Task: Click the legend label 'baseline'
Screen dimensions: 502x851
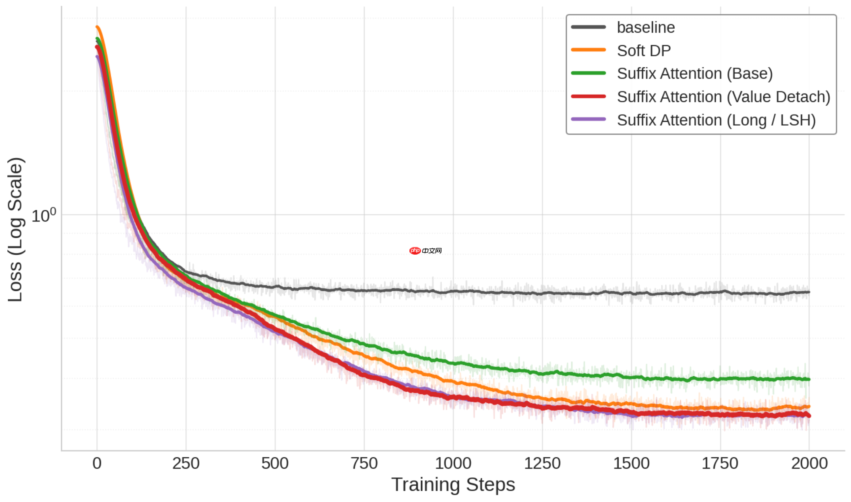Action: point(645,27)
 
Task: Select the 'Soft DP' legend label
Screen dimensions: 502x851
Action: point(643,51)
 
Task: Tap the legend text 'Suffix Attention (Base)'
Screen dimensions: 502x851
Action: point(694,74)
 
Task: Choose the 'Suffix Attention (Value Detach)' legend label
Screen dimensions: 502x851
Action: point(723,97)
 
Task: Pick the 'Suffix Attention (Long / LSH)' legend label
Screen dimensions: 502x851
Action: point(716,120)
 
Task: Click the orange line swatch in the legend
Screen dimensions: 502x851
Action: point(588,50)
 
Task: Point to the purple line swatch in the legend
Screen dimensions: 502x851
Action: point(588,119)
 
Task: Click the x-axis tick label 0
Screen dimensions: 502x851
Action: point(97,463)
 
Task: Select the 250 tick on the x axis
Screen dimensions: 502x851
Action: point(186,463)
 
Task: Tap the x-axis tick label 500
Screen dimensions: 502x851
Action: point(275,463)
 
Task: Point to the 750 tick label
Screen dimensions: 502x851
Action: point(364,463)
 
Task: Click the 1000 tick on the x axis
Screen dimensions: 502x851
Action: point(453,463)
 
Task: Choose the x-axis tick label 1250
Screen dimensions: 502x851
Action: point(542,463)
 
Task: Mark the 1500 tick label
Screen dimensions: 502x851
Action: point(631,463)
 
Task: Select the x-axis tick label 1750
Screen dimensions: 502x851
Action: point(720,463)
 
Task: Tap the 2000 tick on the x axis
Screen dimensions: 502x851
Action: point(809,463)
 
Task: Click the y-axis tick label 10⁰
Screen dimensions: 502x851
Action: point(43,216)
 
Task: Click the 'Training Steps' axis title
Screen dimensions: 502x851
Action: point(453,485)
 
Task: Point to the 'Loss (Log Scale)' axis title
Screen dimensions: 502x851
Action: point(15,229)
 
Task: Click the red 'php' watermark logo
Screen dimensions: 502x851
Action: point(415,251)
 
